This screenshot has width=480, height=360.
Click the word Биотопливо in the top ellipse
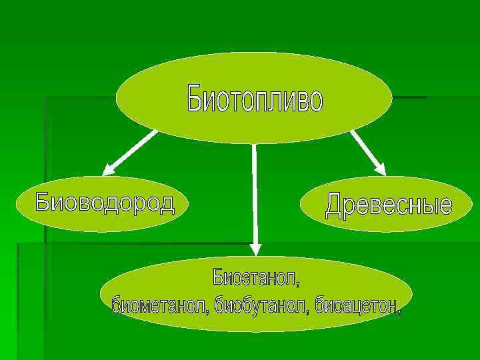[x=255, y=99]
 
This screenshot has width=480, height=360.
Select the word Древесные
[x=388, y=205]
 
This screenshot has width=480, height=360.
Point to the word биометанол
[x=159, y=305]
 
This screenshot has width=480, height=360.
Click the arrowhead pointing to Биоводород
[x=108, y=169]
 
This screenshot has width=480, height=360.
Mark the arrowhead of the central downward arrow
[x=255, y=248]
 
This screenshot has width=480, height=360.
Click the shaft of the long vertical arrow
[x=255, y=193]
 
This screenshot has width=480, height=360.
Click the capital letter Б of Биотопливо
[x=193, y=99]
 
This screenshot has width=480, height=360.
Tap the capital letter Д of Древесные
[x=334, y=205]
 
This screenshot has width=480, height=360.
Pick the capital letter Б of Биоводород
[x=43, y=201]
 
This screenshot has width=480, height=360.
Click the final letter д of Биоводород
[x=167, y=203]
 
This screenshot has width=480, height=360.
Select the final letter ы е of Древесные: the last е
[x=444, y=206]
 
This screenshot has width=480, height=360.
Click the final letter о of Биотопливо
[x=315, y=101]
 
